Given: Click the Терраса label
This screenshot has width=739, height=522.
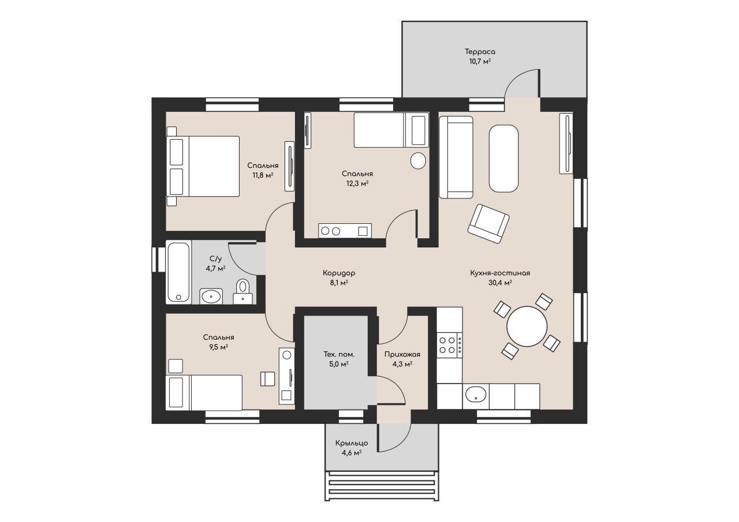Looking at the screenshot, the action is click(x=480, y=52).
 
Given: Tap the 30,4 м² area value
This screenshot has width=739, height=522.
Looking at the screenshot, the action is click(x=500, y=283).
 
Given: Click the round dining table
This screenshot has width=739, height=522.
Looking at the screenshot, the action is click(x=527, y=326).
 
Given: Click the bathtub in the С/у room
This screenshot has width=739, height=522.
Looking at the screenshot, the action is click(x=178, y=272).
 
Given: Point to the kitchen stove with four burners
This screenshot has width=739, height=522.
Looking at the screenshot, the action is click(x=449, y=345).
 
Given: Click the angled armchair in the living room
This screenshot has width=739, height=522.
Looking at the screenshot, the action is click(x=488, y=223).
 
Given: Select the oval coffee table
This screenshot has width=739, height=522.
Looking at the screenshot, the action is click(x=503, y=158).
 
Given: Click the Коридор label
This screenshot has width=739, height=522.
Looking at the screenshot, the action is click(x=339, y=273).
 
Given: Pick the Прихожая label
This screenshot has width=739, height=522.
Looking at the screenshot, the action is click(x=402, y=354).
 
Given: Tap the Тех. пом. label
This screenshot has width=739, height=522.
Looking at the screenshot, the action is click(x=339, y=355).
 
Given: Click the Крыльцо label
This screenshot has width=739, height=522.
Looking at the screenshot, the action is click(x=352, y=443).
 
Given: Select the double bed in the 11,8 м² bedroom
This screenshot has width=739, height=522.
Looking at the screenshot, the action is click(x=203, y=167).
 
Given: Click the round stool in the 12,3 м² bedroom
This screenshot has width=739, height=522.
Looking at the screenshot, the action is click(x=418, y=161).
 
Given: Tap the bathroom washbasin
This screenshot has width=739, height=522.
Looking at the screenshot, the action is click(x=211, y=296).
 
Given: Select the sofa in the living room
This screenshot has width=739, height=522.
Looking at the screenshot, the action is click(x=456, y=157).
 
